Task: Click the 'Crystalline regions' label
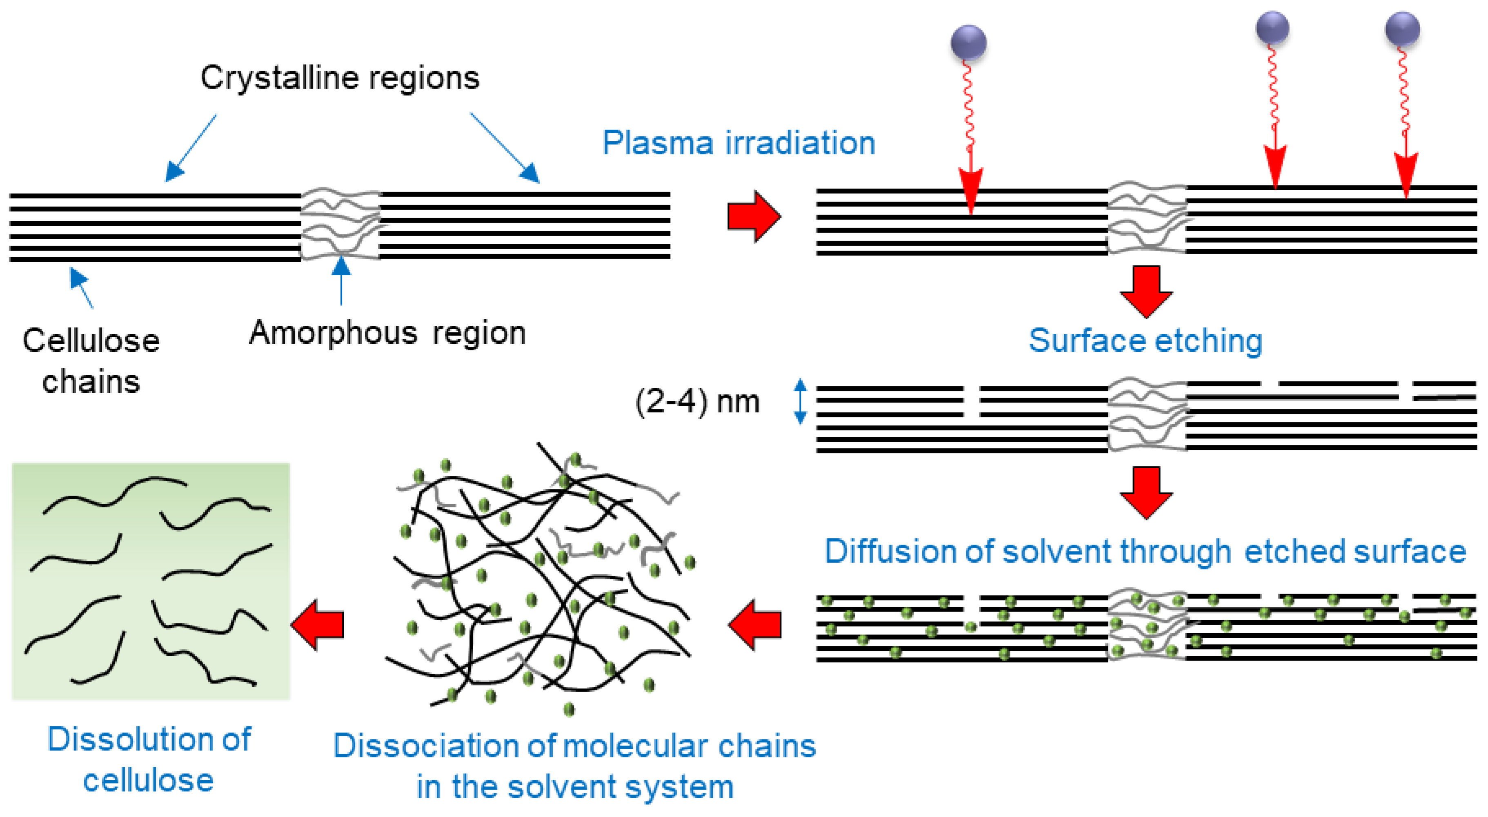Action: tap(340, 78)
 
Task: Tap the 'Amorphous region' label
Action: tap(387, 334)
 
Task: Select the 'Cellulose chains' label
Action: tap(91, 361)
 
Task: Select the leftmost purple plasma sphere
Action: tap(969, 42)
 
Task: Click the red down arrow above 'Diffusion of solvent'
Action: tap(1146, 492)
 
